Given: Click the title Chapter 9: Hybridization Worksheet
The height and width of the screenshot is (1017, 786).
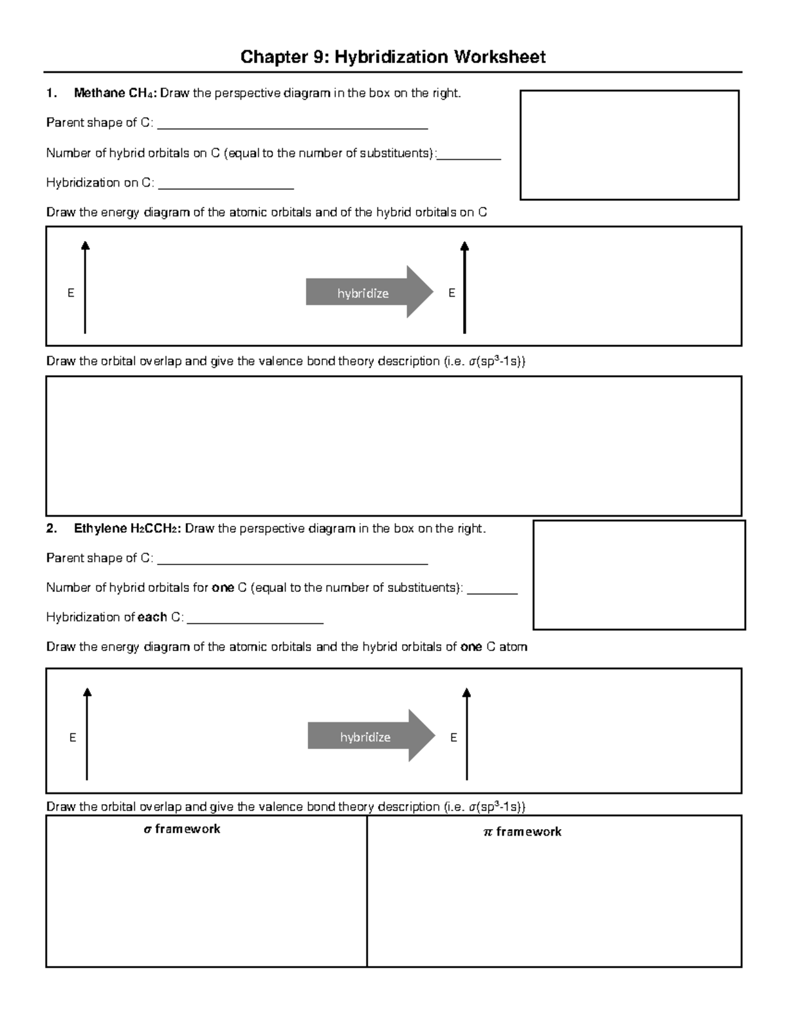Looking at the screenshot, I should [x=392, y=57].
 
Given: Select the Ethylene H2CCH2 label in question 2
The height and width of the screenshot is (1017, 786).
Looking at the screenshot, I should [x=127, y=528].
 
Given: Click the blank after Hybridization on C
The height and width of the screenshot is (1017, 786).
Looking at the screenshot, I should [x=226, y=186].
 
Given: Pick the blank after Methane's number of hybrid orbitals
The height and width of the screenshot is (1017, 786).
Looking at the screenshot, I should [x=470, y=157].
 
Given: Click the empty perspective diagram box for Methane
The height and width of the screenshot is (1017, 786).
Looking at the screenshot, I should [x=629, y=145].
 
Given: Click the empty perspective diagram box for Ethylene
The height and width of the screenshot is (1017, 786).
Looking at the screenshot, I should [x=639, y=574].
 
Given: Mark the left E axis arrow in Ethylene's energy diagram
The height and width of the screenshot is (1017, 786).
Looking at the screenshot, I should [x=87, y=733].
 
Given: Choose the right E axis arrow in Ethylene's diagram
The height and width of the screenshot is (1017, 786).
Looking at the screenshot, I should [x=467, y=733].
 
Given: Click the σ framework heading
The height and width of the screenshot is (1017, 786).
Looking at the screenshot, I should [x=182, y=829].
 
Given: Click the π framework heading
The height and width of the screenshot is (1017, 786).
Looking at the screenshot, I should [x=522, y=832].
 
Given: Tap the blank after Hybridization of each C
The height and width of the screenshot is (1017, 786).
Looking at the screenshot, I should [x=255, y=621].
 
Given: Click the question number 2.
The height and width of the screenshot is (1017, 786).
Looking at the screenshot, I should [x=51, y=528].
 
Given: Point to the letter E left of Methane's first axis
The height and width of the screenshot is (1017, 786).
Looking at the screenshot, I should [x=71, y=293].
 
